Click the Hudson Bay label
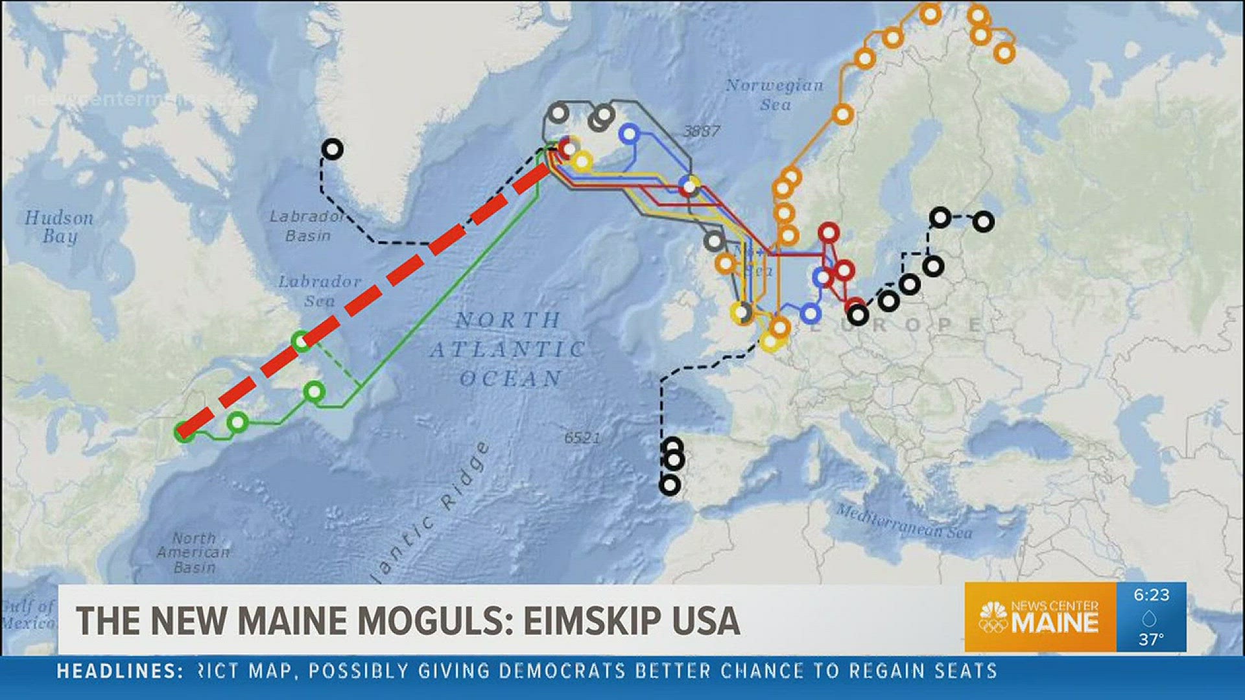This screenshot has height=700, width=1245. tap(59, 227)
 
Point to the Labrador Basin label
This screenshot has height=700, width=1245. tap(307, 226)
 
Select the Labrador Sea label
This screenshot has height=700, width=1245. tap(320, 291)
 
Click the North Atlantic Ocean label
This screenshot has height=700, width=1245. tap(508, 349)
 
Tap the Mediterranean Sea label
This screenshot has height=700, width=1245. tap(904, 521)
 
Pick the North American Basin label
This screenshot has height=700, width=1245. tap(193, 553)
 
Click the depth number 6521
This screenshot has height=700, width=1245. tap(582, 438)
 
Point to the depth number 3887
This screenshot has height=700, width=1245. tap(702, 132)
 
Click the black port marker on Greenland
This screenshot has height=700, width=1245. tap(332, 150)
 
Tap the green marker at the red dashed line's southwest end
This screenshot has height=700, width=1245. tap(185, 431)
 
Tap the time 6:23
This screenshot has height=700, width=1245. tap(1152, 595)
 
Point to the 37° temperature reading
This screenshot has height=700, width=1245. tap(1151, 640)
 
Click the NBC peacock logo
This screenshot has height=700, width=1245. tap(993, 618)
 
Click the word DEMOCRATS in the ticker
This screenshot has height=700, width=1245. tap(562, 671)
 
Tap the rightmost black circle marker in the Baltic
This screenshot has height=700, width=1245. tap(984, 222)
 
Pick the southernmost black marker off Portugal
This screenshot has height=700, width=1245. tap(669, 485)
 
